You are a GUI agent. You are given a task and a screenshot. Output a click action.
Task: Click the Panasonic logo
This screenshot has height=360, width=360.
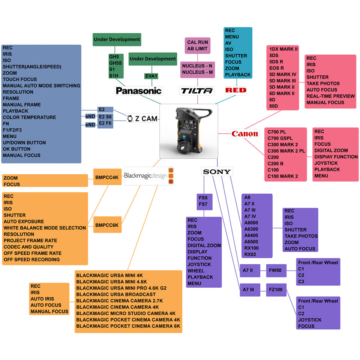pos(138,90)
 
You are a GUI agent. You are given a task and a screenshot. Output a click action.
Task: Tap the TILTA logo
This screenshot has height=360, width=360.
pos(197,90)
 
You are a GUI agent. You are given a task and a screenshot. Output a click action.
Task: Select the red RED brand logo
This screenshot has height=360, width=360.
pos(235,90)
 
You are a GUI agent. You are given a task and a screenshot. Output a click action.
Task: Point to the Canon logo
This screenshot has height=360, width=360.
pos(244,133)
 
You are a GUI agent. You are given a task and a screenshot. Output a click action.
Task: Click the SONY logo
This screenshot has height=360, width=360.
pos(217,172)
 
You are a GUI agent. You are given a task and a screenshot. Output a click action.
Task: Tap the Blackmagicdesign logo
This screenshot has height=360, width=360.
pos(148,175)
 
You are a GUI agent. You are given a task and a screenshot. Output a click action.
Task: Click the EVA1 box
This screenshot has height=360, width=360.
pos(151,76)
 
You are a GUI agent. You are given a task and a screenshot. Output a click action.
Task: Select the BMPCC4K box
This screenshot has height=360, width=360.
pos(107,177)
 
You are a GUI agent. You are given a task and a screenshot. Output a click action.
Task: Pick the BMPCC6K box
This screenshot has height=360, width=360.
pos(107,225)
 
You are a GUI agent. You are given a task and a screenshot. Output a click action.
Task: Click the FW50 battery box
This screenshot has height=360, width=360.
pos(276,270)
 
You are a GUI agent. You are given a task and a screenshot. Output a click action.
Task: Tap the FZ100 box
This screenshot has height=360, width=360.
pos(276,289)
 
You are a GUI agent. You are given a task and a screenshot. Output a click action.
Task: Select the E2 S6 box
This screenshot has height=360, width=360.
pos(105,116)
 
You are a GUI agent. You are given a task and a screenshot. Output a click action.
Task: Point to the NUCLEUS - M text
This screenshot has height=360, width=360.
pos(198,72)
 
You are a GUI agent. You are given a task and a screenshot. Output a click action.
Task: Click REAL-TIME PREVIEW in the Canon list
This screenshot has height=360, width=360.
pos(330,96)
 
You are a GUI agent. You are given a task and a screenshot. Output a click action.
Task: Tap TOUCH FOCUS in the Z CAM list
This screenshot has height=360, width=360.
pos(20,79)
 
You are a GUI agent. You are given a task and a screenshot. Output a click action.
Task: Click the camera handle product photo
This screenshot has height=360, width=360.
pos(189,131)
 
